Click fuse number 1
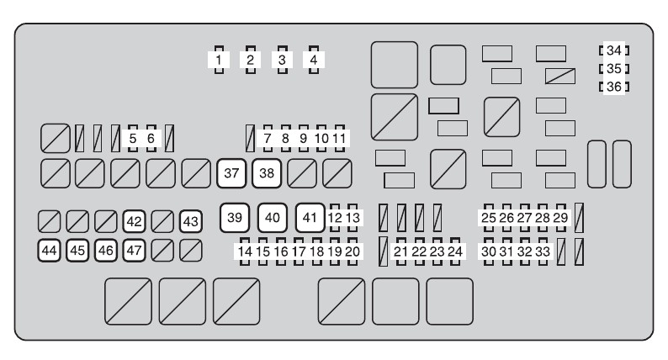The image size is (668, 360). tap(219, 60)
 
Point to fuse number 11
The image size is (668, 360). tap(340, 137)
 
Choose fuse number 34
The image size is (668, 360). tap(613, 50)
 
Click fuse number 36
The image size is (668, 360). tap(613, 86)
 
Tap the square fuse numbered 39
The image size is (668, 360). tap(236, 218)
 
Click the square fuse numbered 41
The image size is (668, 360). tap(310, 218)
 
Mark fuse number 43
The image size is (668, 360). tap(191, 221)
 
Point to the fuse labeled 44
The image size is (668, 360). tap(50, 250)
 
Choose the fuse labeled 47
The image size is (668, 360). tap(135, 250)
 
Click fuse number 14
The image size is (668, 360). tap(245, 251)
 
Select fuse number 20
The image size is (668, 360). tap(353, 251)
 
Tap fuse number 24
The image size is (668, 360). tap(456, 251)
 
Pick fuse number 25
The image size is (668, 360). tap(489, 218)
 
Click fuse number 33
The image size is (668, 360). tap(543, 251)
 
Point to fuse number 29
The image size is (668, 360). tap(560, 218)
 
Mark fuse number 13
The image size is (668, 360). tap(353, 218)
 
